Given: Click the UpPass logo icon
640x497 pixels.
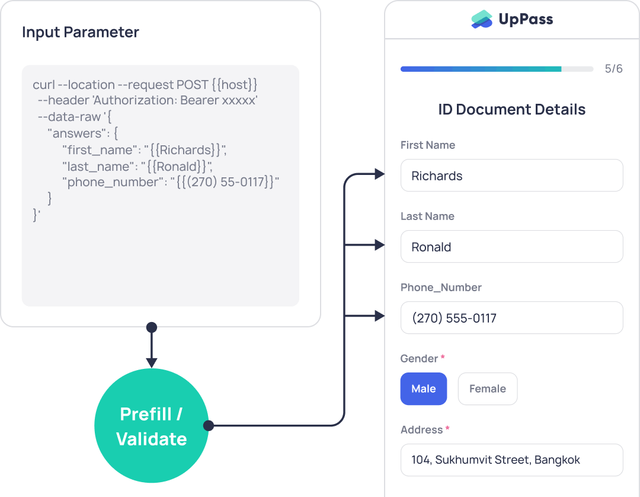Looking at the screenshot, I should pos(482,20).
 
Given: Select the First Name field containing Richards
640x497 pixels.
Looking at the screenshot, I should pos(511,176).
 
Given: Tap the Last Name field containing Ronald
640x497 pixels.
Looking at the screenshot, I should pos(511,247).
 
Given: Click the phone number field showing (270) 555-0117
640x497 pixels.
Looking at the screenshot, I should pos(511,318).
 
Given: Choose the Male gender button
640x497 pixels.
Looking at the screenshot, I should pos(423,389).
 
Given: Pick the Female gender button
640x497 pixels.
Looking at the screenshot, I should pos(487,389).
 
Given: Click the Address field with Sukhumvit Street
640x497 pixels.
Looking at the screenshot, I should pos(511,460).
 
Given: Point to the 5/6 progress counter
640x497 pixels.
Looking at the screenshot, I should pos(613,69).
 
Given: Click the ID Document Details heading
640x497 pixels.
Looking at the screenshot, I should pos(511,110).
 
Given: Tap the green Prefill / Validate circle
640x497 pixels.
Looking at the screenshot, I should pos(151,426).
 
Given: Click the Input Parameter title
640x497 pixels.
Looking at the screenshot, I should pos(81,32).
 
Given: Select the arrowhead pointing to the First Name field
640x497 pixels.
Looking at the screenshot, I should pos(380,174).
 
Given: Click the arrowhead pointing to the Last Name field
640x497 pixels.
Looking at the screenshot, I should pos(380,244).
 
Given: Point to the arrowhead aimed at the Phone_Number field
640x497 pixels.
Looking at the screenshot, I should pos(380,316).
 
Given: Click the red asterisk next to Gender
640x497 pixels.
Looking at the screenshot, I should pos(443,358).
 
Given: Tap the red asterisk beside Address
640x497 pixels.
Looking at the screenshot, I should pos(447,429).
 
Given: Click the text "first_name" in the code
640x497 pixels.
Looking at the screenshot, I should pos(100,151).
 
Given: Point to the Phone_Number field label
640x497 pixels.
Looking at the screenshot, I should pos(441,288).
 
